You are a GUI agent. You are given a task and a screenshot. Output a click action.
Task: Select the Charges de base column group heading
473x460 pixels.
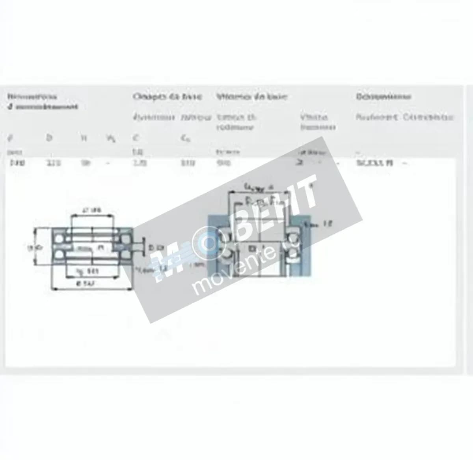coord(167,96)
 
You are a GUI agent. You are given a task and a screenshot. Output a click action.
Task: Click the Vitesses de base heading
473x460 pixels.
coord(252,96)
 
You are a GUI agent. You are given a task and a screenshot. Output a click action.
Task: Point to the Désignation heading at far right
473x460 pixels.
coord(384,96)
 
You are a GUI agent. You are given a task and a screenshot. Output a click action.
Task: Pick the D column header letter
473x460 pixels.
coord(49,138)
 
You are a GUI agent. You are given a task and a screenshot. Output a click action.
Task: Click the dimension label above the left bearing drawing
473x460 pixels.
coord(92,210)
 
